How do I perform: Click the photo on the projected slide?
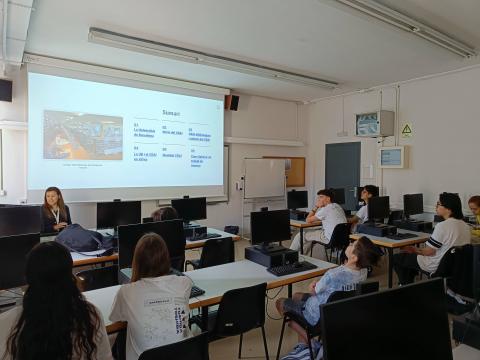point(83,135)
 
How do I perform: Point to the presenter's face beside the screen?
point(54,198)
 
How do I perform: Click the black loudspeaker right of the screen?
point(232,102)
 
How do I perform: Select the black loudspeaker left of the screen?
point(6,90)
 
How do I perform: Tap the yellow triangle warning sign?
point(407,130)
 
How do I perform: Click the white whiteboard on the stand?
point(264,178)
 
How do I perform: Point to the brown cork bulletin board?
point(293,171)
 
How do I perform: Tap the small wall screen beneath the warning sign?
point(393,157)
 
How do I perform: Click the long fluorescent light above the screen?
point(210,58)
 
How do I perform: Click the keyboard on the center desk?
point(290,268)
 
